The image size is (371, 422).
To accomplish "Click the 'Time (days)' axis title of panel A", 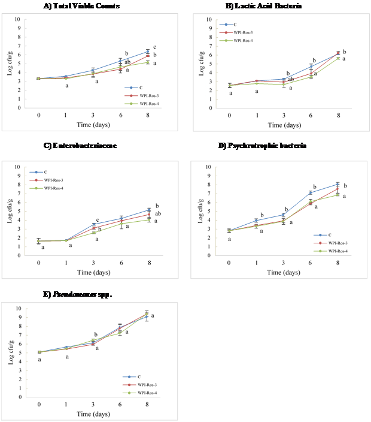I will tap(93, 125).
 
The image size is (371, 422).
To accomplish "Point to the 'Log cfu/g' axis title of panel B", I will tap(194, 64).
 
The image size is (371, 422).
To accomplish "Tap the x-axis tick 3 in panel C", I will tap(93, 263).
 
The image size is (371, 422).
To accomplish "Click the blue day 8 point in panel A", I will tap(148, 52).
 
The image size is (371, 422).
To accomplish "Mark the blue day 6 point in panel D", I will tap(311, 192).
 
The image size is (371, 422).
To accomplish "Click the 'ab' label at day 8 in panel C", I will tap(158, 214).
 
